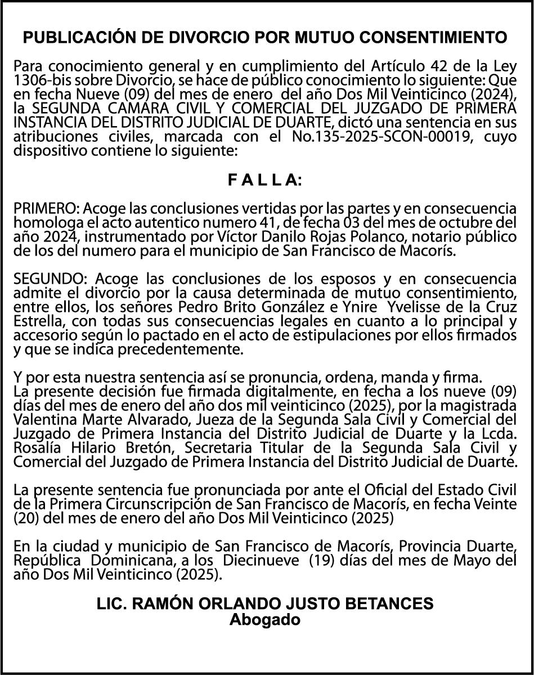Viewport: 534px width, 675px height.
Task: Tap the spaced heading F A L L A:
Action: [x=266, y=180]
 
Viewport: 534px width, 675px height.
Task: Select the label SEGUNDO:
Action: [x=45, y=279]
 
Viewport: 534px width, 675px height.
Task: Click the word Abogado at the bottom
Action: [x=265, y=620]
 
